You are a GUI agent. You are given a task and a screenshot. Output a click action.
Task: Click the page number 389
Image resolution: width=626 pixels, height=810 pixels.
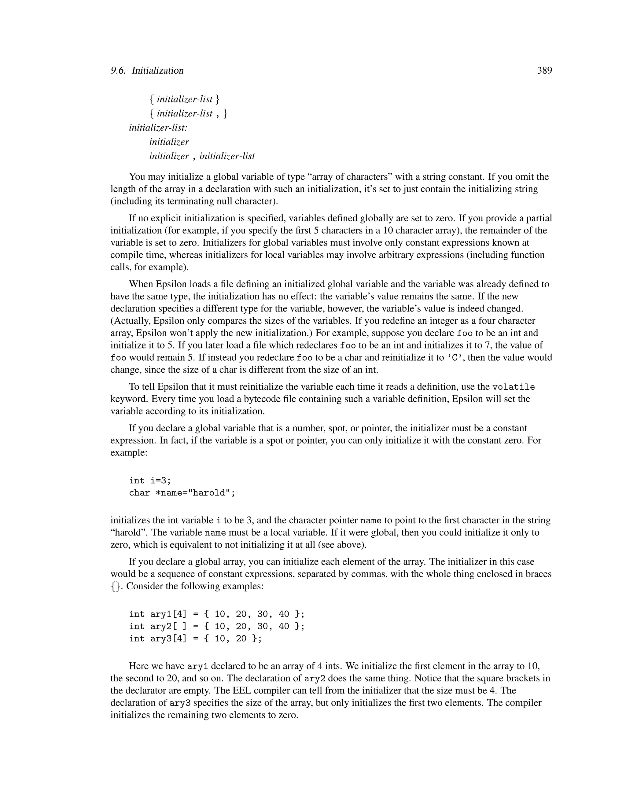click(x=544, y=71)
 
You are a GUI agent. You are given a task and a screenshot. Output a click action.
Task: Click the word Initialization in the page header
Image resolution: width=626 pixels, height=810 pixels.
click(x=158, y=71)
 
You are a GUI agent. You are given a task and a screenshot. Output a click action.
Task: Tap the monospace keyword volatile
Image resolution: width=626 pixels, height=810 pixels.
click(x=513, y=387)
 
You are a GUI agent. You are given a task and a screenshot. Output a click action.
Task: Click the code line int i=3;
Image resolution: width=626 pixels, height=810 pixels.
click(x=150, y=481)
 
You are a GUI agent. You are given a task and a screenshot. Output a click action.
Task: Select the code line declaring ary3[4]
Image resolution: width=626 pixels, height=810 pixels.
click(x=195, y=639)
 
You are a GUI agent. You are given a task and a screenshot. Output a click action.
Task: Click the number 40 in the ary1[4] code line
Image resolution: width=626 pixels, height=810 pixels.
click(x=284, y=614)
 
